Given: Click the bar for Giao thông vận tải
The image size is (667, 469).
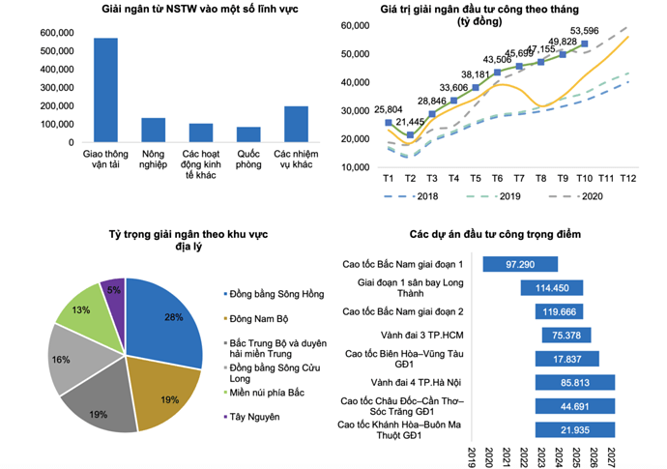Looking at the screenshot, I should pos(105,90).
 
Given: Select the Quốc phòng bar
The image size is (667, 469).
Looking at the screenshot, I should pos(248,134).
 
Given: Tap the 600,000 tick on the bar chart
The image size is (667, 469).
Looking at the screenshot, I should pos(56,33).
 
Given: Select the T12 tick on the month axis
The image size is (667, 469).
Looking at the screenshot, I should pos(629,178).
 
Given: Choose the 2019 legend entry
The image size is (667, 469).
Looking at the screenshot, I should pos(493,197).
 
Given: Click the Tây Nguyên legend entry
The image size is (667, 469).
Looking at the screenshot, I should pos(254,417).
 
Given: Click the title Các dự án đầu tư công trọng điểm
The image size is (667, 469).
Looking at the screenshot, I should pos(494,235).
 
